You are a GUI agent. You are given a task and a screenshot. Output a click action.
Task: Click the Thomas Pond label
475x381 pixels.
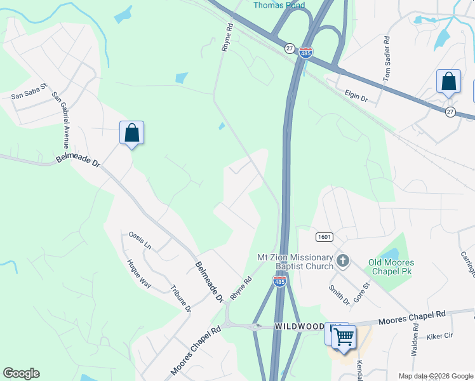click(279, 5)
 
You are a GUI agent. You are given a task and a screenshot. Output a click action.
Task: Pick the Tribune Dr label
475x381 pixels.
click(180, 298)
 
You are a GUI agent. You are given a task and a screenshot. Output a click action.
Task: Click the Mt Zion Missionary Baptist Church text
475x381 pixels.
click(295, 262)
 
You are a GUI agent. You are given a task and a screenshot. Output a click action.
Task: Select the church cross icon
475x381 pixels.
click(343, 260)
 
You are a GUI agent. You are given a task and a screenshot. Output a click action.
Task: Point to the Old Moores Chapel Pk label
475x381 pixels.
click(391, 267)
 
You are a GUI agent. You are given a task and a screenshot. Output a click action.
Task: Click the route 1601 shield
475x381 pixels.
click(323, 236)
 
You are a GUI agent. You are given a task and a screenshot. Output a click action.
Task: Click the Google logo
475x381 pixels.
click(21, 373)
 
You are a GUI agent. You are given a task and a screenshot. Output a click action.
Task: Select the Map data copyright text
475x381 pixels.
click(436, 376)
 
